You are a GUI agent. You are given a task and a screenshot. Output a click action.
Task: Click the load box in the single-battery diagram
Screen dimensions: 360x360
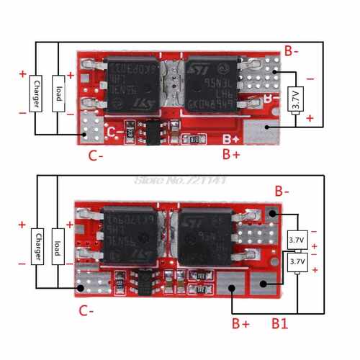coord(57,96)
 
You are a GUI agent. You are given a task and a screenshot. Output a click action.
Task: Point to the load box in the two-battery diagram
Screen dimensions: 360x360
coord(57,246)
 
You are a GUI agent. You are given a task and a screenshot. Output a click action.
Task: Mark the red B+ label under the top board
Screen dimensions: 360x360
coord(231,154)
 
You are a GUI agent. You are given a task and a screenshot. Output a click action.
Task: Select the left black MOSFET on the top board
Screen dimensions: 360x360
coord(132,86)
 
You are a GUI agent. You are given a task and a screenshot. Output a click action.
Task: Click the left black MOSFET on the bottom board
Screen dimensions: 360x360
coord(130,238)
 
